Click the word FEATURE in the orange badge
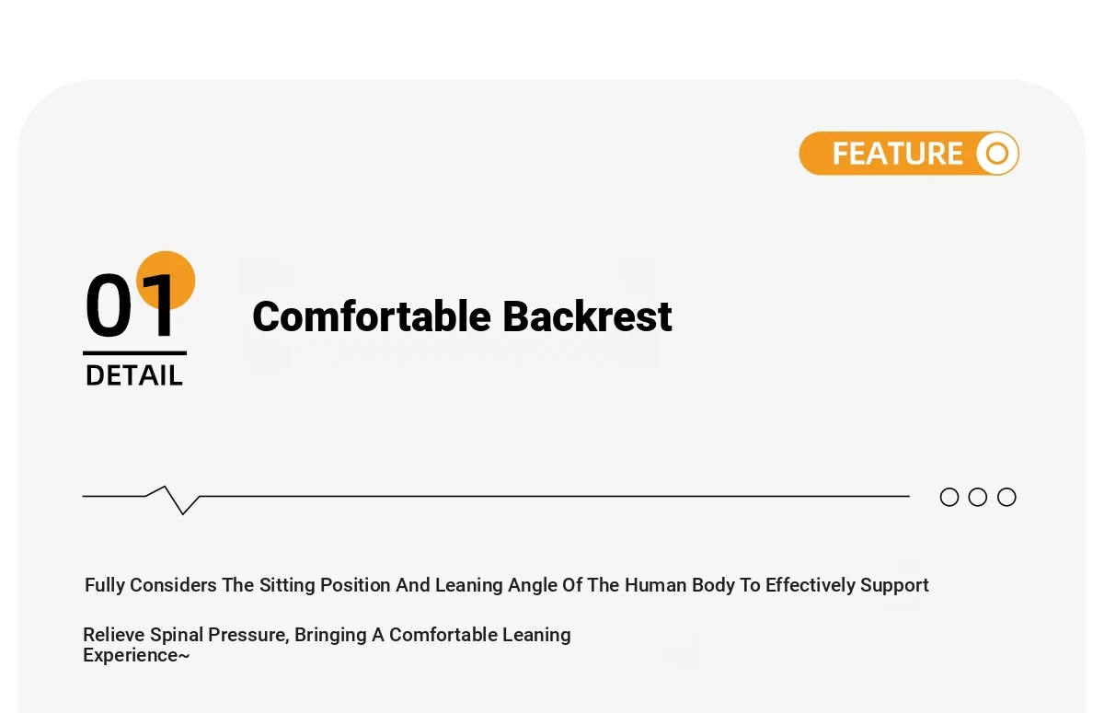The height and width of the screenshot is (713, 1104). tap(898, 154)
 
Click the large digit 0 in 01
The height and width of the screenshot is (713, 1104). tap(109, 305)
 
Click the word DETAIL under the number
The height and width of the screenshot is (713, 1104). tap(134, 375)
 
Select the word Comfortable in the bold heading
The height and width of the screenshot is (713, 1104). tap(372, 316)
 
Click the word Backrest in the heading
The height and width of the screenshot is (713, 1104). tap(588, 316)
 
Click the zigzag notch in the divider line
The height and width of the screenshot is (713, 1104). tap(174, 500)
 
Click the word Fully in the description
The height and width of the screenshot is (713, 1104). tap(105, 585)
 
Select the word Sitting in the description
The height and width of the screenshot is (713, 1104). tap(287, 585)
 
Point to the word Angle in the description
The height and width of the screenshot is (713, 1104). tap(533, 585)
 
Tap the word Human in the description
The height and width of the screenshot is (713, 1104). tap(655, 585)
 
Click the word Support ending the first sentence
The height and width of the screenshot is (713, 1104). tap(894, 586)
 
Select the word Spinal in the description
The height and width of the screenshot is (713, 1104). tap(177, 635)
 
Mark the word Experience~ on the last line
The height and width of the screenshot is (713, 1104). tap(136, 656)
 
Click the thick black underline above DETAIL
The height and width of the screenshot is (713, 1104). tap(134, 353)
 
